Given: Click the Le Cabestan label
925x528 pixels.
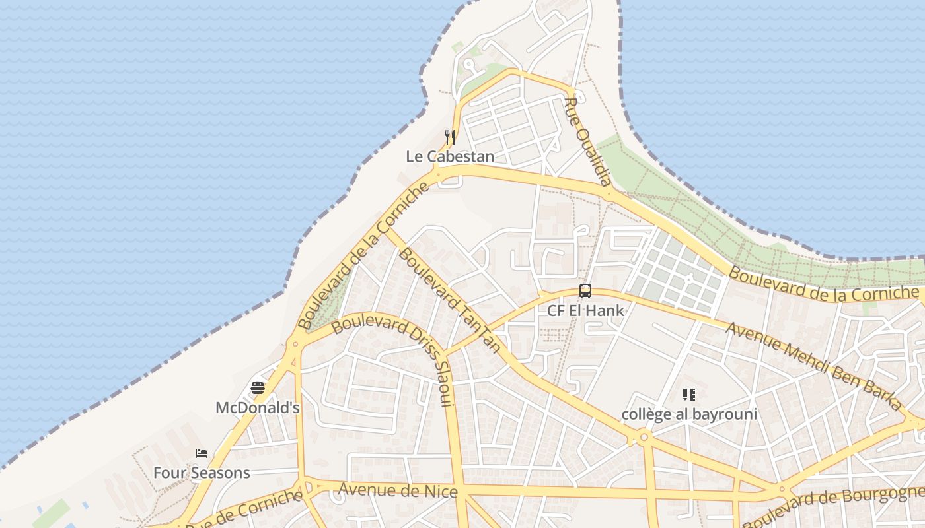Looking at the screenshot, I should pos(450,156).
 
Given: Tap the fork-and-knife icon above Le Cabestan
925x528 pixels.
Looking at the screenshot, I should pos(450,137).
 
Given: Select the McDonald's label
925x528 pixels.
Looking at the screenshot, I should pos(258,408).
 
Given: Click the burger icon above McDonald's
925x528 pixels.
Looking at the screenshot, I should pos(258,388).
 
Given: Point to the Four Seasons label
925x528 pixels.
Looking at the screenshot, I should pos(202,473).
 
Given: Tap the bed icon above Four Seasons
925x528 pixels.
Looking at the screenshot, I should pos(202,453).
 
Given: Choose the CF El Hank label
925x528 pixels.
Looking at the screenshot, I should pos(585,310).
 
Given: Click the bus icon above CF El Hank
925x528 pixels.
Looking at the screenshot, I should pos(585,291).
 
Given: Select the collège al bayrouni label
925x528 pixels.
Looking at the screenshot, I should pos(689,414).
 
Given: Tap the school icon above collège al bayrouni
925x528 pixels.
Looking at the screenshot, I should pos(689,395).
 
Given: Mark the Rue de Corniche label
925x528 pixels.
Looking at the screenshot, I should pos(244,511).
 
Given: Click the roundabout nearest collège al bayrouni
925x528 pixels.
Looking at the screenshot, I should pos(644,437).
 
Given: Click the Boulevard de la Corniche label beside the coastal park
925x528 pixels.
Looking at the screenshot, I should pos(823,284).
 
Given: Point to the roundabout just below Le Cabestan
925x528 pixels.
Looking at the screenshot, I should pos(437,174).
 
